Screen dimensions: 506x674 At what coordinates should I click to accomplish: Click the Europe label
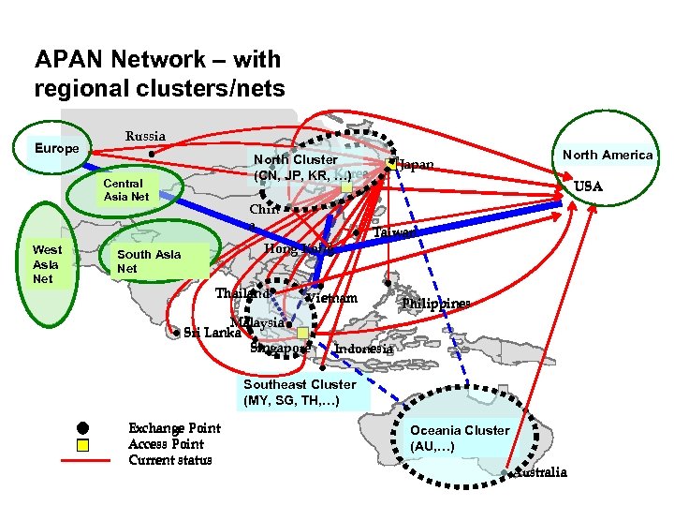[57, 149]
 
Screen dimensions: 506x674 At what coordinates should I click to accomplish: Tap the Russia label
[145, 137]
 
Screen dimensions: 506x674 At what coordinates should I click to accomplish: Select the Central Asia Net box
[127, 190]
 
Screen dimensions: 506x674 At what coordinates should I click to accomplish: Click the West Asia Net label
[47, 264]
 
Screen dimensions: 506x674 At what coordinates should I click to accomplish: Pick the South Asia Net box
[149, 261]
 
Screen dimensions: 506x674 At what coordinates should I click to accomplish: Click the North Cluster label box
[301, 168]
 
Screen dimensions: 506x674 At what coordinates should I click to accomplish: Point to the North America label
[608, 155]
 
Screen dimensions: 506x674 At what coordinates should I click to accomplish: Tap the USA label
[588, 186]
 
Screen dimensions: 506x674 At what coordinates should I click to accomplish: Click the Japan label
[416, 166]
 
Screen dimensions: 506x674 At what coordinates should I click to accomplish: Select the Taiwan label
[394, 231]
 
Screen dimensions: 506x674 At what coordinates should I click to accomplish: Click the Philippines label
[435, 304]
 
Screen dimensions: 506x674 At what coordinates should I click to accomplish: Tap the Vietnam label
[332, 299]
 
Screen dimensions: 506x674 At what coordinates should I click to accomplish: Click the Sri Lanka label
[212, 332]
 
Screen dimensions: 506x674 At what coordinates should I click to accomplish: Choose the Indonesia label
[364, 349]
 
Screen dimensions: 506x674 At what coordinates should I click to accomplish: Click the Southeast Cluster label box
[300, 393]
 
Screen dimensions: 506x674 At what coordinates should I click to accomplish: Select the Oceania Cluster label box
[460, 438]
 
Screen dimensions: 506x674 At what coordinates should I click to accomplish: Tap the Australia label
[542, 472]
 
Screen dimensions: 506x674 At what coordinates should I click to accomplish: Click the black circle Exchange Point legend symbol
[82, 429]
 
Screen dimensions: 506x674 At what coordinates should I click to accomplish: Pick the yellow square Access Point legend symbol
[82, 445]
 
